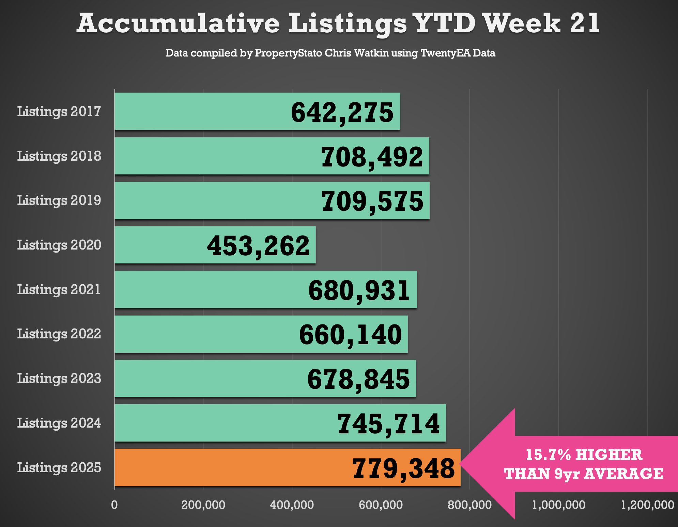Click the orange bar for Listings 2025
click(232, 467)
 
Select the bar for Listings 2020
click(160, 245)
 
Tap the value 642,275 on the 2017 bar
click(342, 113)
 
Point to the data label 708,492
click(372, 157)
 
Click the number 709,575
click(372, 201)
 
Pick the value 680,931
click(359, 290)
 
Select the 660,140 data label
click(350, 335)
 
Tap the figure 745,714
click(388, 424)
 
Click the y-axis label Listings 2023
click(59, 379)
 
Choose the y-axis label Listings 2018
click(59, 156)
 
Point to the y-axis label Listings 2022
click(59, 334)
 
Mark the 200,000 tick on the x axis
click(203, 505)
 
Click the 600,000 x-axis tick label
click(381, 505)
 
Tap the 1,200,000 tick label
click(647, 505)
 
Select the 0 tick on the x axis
click(114, 505)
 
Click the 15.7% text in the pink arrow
click(548, 455)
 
